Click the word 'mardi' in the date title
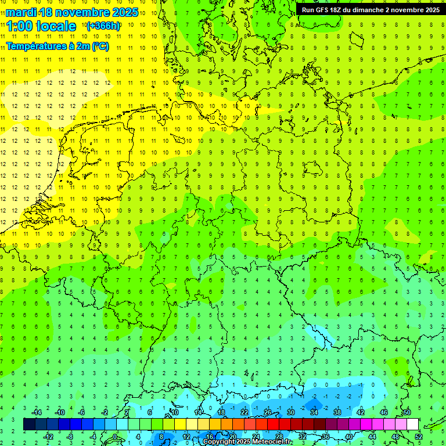coord(22,12)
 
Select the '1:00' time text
coord(19,26)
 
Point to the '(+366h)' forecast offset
coord(103,26)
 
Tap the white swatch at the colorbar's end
coord(412,425)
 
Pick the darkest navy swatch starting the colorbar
coord(29,425)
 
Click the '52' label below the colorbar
coord(419,436)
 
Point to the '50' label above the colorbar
coord(407,412)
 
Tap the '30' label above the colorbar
coord(291,412)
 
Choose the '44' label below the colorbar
coord(372,436)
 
